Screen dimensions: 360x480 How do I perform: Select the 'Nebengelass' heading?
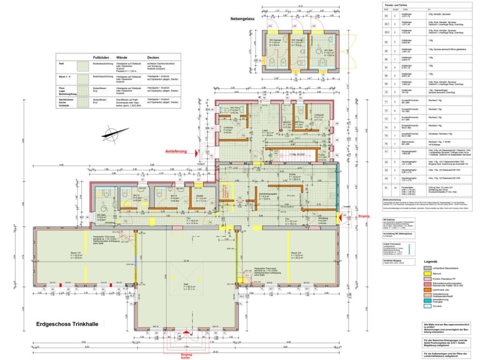tap(242, 19)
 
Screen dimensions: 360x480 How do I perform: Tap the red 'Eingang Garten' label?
tap(187, 356)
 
